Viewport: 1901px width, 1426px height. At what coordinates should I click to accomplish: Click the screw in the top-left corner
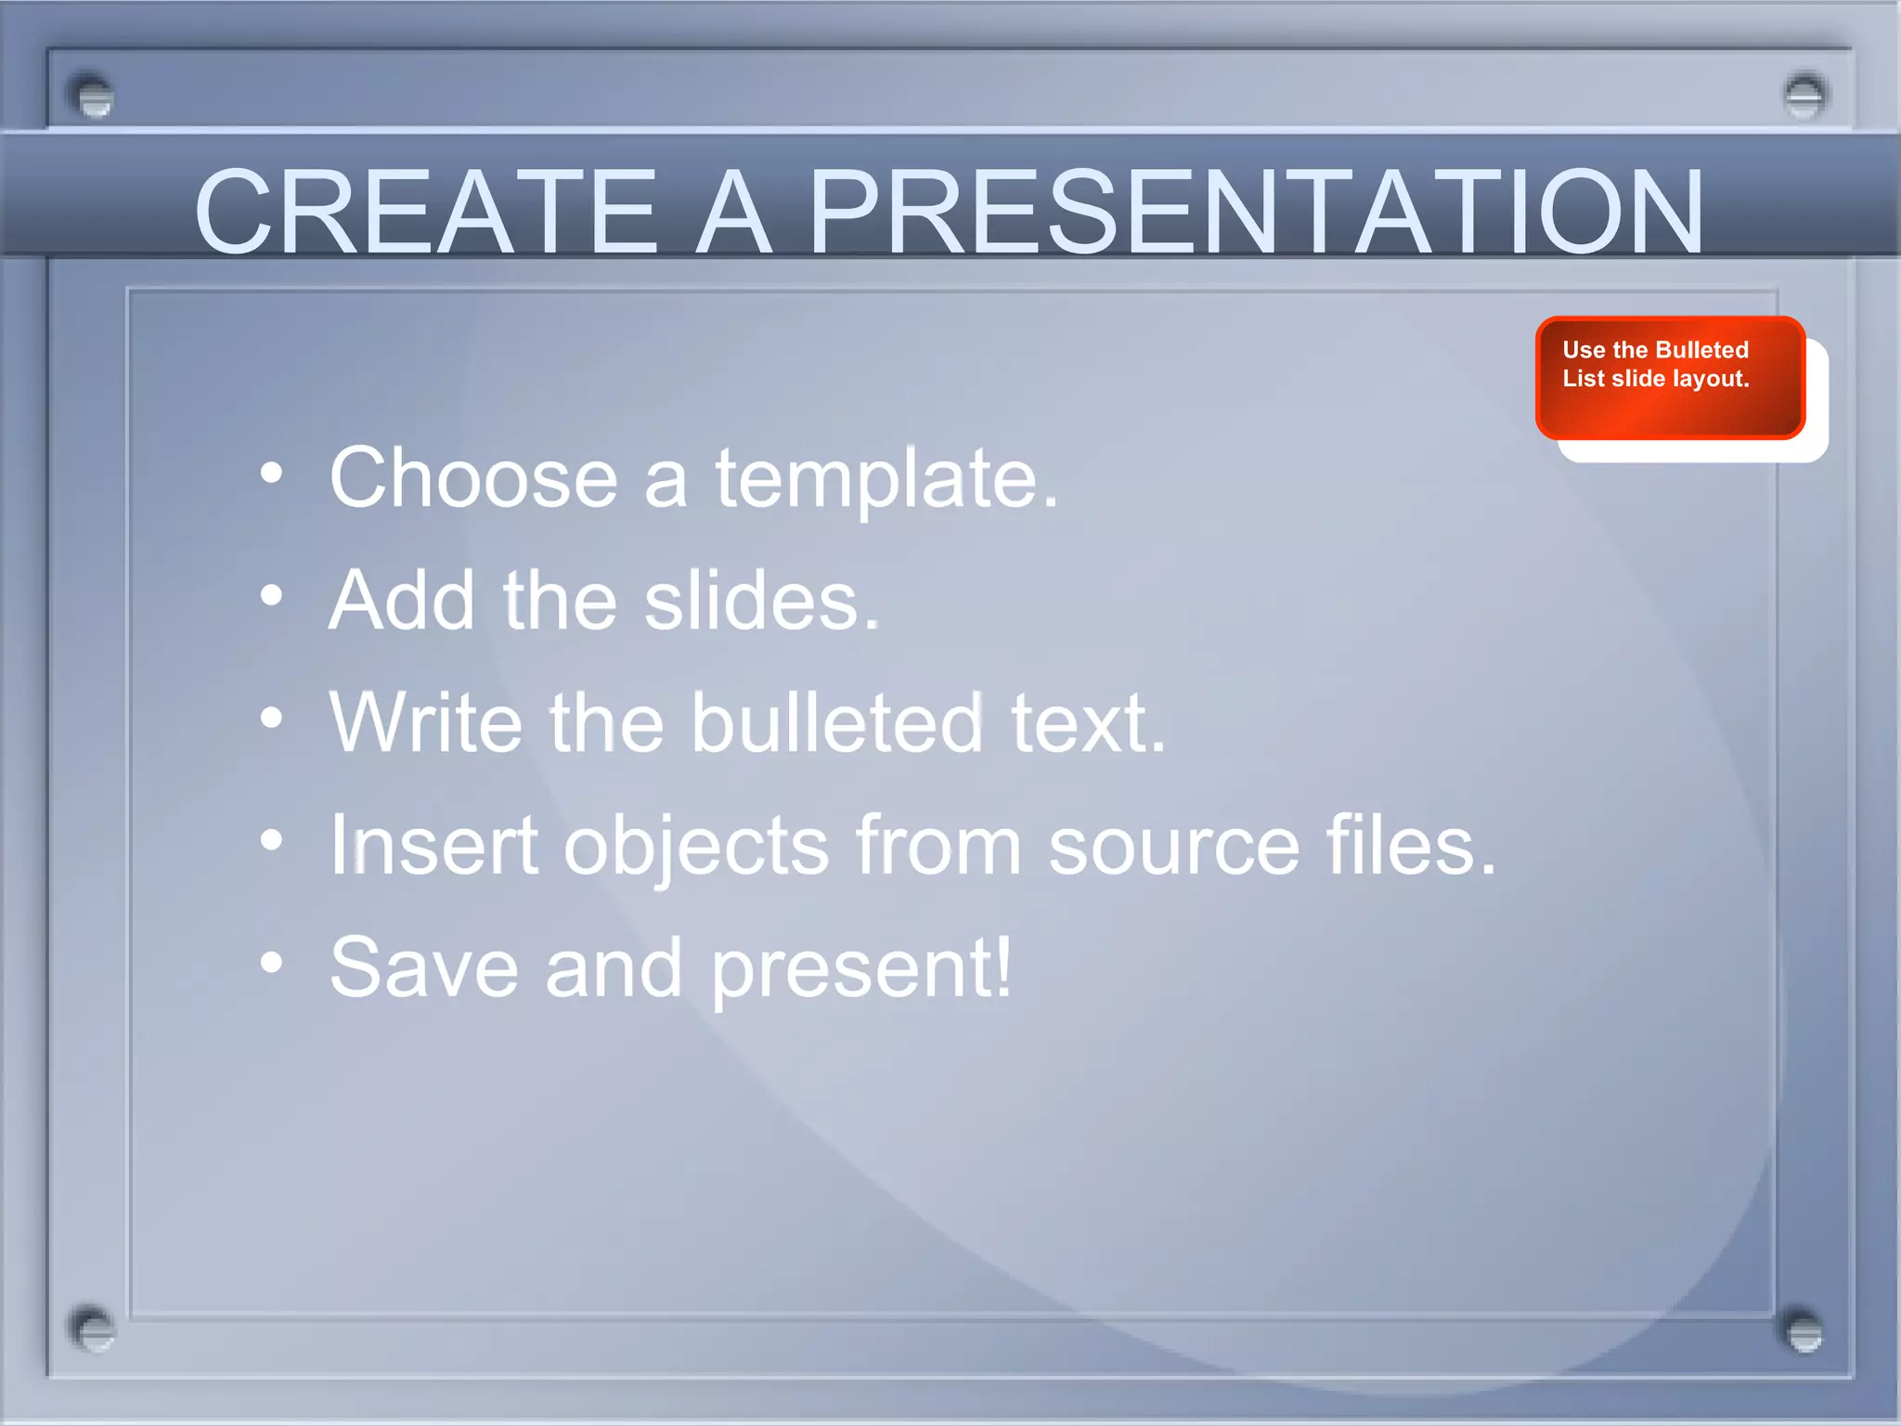(x=92, y=96)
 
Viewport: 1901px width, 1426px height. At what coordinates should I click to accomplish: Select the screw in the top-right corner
(x=1804, y=96)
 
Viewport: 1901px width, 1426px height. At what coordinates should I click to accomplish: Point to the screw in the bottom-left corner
(x=92, y=1329)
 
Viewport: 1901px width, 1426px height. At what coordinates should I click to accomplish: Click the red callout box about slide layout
(x=1669, y=378)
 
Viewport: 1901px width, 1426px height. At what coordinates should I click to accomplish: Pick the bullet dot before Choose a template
(x=271, y=473)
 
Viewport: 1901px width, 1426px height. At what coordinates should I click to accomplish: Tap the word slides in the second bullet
(x=761, y=602)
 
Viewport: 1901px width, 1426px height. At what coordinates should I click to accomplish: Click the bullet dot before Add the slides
(x=271, y=596)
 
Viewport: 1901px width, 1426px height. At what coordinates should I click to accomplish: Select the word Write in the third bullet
(x=426, y=723)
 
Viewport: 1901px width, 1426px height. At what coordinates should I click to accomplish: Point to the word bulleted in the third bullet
(x=836, y=723)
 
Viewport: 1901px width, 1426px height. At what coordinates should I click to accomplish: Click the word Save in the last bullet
(x=423, y=968)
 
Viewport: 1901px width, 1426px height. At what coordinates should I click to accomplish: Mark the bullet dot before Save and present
(x=271, y=962)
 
